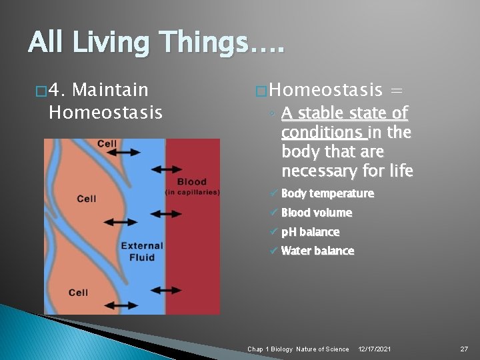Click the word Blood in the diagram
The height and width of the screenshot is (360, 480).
coord(192,181)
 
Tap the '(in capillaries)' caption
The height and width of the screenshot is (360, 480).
coord(192,192)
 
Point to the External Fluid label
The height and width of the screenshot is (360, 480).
coord(142,251)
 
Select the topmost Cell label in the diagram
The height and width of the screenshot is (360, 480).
coord(107,144)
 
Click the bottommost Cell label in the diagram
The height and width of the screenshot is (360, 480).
coord(78,293)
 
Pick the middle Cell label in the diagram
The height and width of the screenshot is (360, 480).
coord(86,199)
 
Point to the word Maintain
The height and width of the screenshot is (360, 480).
coord(109,89)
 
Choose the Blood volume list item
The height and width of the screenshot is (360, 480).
coord(316,213)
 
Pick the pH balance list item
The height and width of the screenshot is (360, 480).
coord(310,232)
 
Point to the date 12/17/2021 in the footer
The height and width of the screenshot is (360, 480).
coord(375,349)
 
